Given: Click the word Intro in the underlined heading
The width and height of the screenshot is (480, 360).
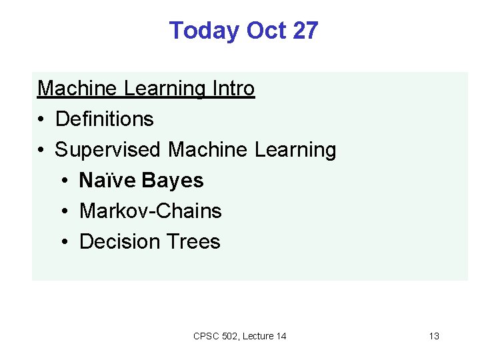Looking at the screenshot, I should [x=233, y=88].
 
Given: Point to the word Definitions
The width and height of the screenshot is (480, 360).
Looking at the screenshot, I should [x=105, y=119].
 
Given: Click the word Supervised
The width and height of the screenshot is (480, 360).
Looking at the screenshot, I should [x=109, y=149].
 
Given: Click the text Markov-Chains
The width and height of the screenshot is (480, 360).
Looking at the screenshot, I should [x=151, y=211].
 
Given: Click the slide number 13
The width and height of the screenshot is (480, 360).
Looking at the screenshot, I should [x=434, y=336].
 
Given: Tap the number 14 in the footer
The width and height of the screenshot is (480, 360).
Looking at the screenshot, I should [x=281, y=336].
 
